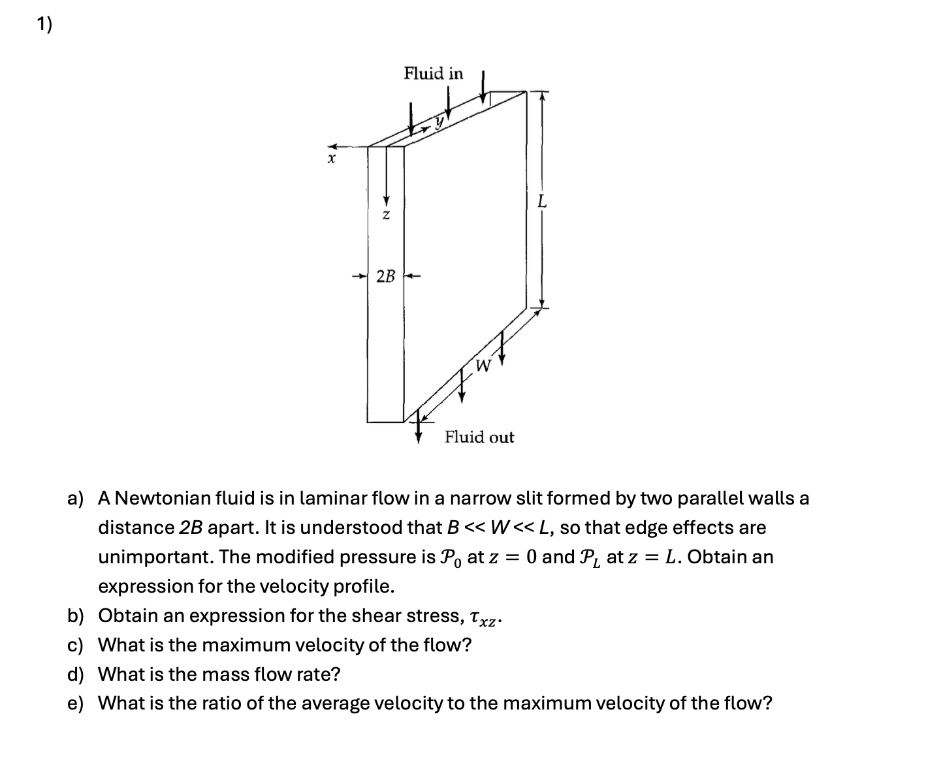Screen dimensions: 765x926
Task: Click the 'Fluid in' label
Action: pos(433,73)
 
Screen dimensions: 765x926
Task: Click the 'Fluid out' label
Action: pos(479,437)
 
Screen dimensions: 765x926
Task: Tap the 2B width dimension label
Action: pos(386,276)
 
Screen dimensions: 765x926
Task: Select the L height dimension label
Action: pos(541,202)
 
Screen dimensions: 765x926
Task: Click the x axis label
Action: pos(332,159)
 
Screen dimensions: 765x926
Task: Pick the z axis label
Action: pos(386,214)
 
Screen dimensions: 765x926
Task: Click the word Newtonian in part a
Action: pos(163,499)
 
